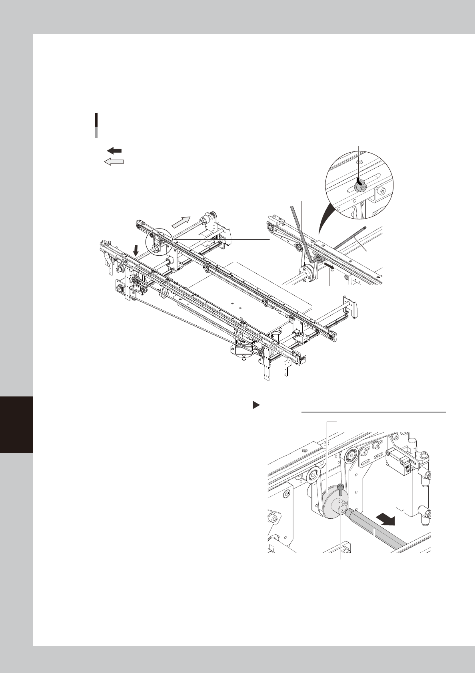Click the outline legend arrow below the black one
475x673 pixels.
114,161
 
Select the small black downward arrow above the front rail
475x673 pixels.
136,250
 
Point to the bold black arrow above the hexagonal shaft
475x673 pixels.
386,520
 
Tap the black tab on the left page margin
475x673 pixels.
16,424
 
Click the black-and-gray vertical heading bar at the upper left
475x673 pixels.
96,125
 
